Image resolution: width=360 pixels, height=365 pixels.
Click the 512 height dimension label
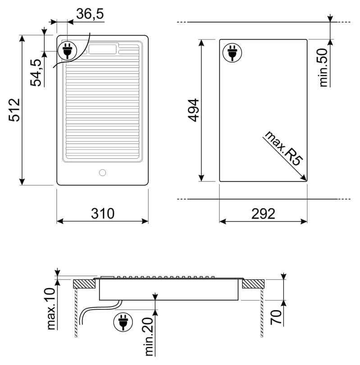coord(14,110)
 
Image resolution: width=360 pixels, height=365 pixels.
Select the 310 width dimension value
coord(103,213)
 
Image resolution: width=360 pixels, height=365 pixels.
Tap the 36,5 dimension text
coord(90,14)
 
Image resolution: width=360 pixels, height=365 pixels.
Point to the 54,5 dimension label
coord(36,72)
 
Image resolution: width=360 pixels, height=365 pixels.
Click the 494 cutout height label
coord(193,110)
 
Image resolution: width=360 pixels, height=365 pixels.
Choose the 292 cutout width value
coord(263,213)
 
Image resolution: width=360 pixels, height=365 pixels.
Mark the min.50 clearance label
coord(323,68)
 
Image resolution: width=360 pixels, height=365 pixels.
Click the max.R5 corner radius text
coord(284,148)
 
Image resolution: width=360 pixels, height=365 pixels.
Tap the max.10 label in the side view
coord(51,309)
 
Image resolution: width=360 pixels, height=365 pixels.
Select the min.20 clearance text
coord(149,337)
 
